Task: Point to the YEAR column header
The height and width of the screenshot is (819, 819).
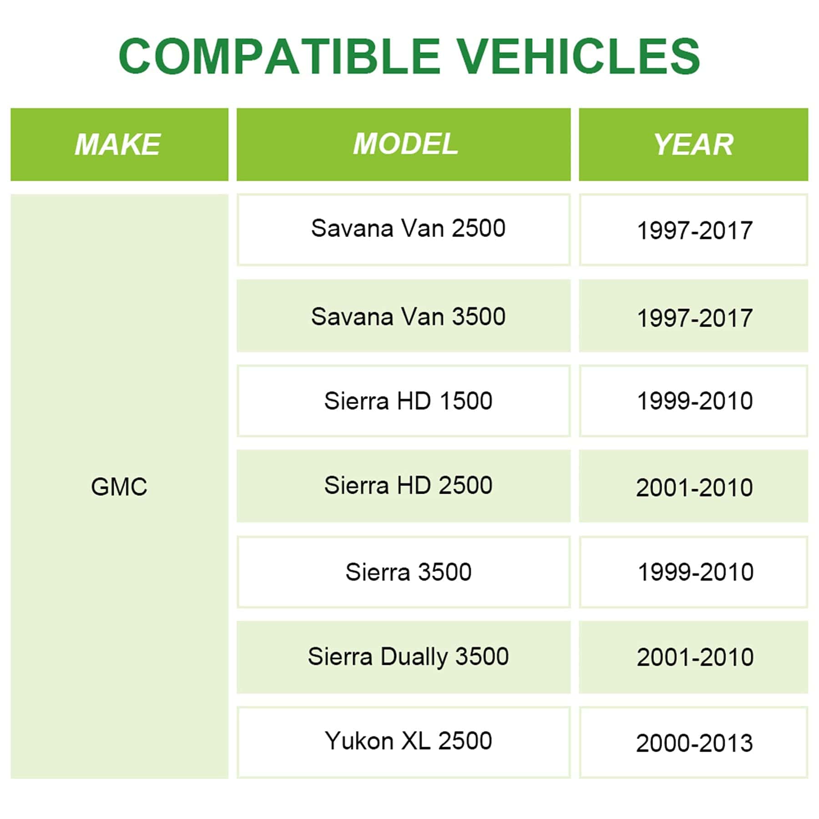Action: click(693, 144)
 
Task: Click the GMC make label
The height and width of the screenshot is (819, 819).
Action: click(119, 486)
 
